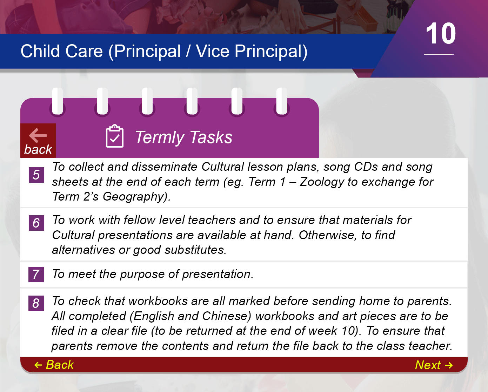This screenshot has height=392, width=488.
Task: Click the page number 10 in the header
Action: (x=441, y=34)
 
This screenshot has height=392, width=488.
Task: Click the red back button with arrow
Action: (x=38, y=141)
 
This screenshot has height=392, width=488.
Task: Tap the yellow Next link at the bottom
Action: (x=434, y=365)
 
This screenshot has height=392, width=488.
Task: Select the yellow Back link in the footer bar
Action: (x=54, y=365)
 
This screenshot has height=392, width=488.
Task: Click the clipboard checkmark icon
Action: (x=115, y=136)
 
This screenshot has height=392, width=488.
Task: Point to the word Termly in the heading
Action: (x=160, y=137)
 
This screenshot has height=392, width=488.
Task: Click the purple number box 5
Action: (x=36, y=175)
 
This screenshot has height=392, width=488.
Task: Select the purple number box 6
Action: (x=36, y=223)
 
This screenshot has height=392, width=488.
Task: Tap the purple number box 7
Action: (x=36, y=274)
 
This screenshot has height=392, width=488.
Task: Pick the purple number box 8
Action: (x=36, y=303)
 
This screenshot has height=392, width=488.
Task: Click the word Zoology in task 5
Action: (x=322, y=182)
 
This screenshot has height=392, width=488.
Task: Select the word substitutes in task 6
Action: (x=195, y=250)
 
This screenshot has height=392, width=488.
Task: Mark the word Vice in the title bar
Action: (x=212, y=51)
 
